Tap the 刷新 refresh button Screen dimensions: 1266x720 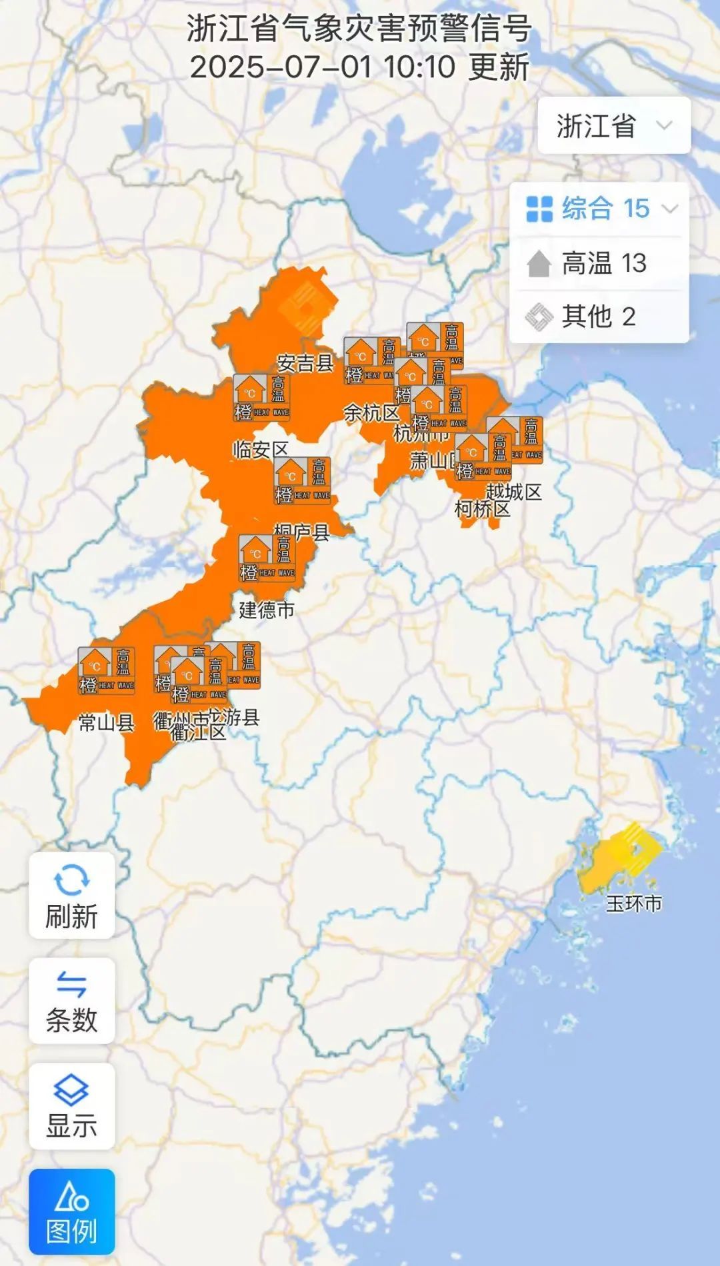tap(71, 896)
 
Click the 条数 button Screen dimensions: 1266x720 tap(71, 1001)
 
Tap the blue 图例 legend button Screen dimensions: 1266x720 tap(71, 1212)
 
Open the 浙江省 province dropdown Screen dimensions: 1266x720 tap(614, 126)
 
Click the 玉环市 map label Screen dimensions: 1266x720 tap(633, 904)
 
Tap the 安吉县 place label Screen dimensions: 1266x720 tap(305, 363)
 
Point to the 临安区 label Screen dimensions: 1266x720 tap(260, 450)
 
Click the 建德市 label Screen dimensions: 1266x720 tap(267, 610)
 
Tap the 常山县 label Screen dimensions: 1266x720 tap(107, 722)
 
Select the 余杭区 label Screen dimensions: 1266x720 tap(371, 413)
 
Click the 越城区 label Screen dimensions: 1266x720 tap(513, 492)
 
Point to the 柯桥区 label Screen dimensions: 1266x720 tap(482, 510)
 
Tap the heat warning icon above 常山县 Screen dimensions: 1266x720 tap(107, 670)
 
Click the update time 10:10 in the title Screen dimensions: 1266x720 tap(419, 67)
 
